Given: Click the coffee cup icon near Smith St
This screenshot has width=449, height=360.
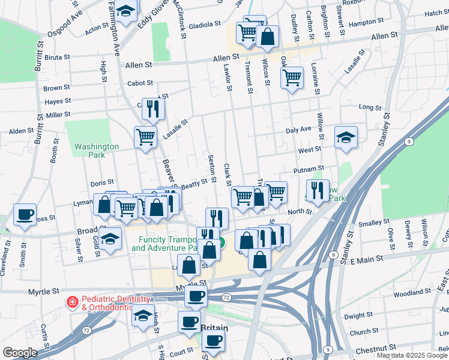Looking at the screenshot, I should pos(25,215).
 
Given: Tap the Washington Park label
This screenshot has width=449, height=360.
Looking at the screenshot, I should pos(97,151).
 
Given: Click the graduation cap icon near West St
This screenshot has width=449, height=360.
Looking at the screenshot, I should pos(346,137).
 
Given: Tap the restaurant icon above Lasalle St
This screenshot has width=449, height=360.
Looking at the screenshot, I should pos(153,109).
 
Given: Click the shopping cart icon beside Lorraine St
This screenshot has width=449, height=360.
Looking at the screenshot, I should pos(292,77).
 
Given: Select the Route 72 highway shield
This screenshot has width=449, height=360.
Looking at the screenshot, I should pos(226,298).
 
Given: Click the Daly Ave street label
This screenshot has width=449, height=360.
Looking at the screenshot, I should pos(298,130).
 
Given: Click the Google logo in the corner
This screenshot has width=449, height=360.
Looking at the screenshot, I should pos(19,353).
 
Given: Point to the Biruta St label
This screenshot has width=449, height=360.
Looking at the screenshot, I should pos(57,58).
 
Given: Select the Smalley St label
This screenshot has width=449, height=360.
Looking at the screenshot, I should pos(373,223).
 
